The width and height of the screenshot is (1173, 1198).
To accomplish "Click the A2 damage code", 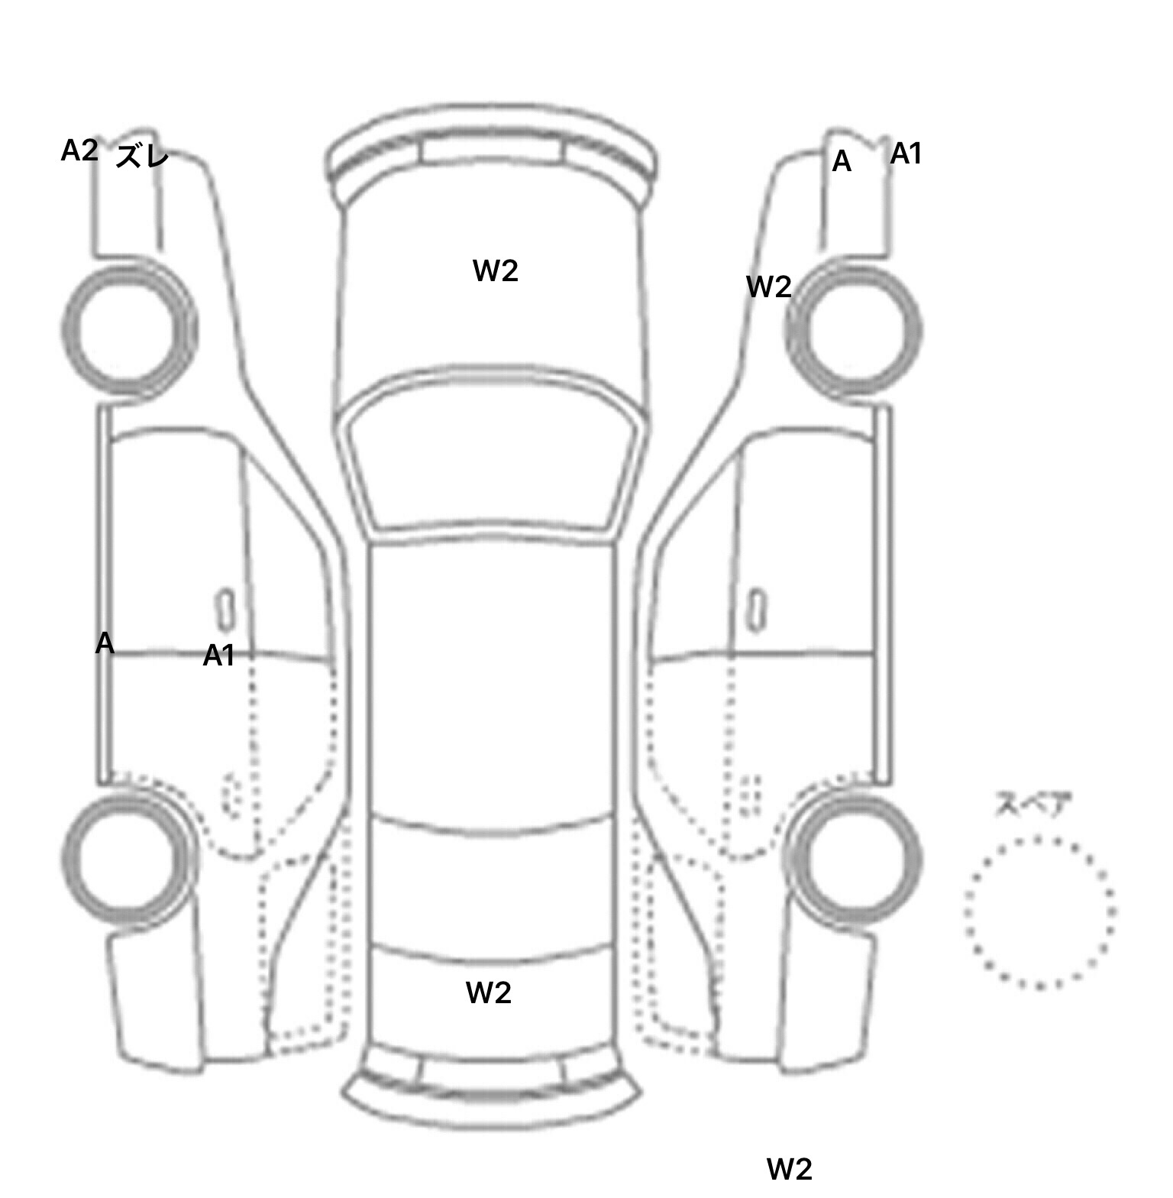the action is (79, 151).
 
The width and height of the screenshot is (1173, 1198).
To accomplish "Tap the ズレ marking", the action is (143, 157).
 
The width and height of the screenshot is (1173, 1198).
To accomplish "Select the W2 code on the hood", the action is (496, 270).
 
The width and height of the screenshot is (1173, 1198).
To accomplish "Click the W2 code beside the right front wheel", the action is (768, 287).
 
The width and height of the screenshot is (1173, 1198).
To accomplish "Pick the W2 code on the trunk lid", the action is (488, 992).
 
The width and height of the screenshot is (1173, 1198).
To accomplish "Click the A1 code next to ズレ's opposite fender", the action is (906, 154).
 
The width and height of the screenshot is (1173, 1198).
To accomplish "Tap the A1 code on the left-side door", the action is (218, 656).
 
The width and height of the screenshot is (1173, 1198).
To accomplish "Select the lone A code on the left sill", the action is (105, 643).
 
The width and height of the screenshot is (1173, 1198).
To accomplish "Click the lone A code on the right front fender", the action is (841, 161).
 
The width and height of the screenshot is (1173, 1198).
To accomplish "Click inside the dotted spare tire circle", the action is (1039, 911).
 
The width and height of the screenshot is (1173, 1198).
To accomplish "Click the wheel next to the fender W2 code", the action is (854, 330).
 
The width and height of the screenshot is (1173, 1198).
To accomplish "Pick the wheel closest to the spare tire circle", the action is (854, 857).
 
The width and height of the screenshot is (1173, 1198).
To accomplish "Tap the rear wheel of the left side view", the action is (128, 857).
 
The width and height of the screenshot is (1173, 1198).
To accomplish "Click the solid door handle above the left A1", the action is (226, 610).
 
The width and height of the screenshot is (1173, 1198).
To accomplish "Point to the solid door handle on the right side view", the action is (756, 610).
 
